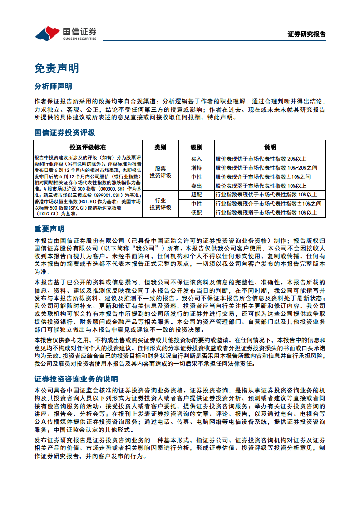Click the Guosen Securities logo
(66, 34)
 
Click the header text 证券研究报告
(306, 34)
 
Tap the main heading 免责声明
(57, 68)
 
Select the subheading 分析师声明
(53, 86)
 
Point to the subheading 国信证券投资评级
(65, 132)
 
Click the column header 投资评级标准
(88, 147)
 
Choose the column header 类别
(160, 147)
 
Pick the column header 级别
(196, 147)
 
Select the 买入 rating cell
(196, 159)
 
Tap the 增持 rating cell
(196, 168)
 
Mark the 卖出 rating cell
(196, 186)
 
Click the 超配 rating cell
(196, 195)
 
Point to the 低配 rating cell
(196, 213)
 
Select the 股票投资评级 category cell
(160, 172)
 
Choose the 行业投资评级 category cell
(160, 204)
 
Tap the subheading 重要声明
(49, 229)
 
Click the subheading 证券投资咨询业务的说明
(76, 379)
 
